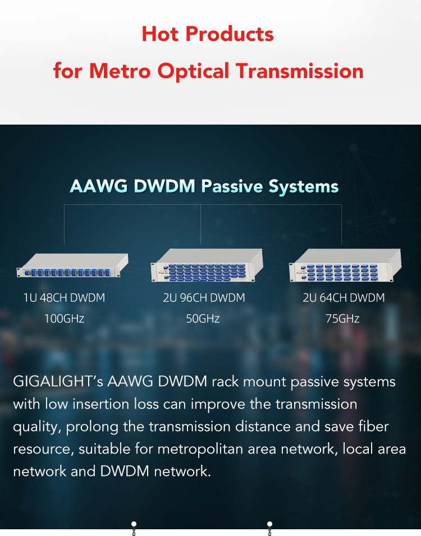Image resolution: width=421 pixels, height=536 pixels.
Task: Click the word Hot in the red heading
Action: click(x=160, y=34)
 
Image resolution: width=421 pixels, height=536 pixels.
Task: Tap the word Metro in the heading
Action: click(x=120, y=71)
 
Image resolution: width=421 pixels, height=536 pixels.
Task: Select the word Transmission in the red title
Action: click(x=300, y=71)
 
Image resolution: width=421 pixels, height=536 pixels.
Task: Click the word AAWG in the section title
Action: click(x=98, y=186)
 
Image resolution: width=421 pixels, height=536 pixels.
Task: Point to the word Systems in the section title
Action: click(x=303, y=187)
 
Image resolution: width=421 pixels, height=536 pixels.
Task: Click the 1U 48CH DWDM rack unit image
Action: click(x=72, y=265)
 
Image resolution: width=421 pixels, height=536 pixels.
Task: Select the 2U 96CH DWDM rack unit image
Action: click(x=207, y=265)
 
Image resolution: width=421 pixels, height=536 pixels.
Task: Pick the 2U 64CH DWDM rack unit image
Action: click(x=345, y=265)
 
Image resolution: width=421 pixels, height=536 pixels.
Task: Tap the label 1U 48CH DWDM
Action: click(x=65, y=297)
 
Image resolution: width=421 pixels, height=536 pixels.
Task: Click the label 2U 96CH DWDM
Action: click(x=204, y=297)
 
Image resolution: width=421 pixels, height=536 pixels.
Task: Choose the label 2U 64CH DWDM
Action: click(x=344, y=297)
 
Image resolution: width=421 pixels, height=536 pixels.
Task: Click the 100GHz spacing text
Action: click(x=65, y=319)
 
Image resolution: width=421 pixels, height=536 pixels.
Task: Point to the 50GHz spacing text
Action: click(x=203, y=319)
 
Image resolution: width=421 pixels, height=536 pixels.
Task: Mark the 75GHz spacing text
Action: click(x=342, y=319)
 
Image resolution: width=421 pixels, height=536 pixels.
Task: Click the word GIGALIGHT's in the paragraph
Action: click(x=58, y=382)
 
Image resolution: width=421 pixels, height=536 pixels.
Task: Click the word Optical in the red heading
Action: click(x=193, y=71)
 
